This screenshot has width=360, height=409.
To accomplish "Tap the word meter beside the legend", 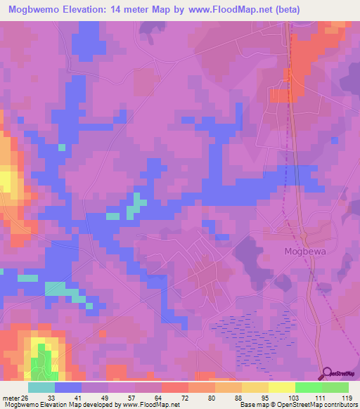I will pyautogui.click(x=12, y=396).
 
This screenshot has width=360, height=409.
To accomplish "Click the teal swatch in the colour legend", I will pyautogui.click(x=41, y=387).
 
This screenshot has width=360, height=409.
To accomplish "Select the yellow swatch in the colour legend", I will pyautogui.click(x=282, y=387).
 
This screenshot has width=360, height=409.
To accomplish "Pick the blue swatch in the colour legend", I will pyautogui.click(x=68, y=387).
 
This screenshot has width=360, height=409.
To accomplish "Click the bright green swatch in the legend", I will pyautogui.click(x=309, y=387).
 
